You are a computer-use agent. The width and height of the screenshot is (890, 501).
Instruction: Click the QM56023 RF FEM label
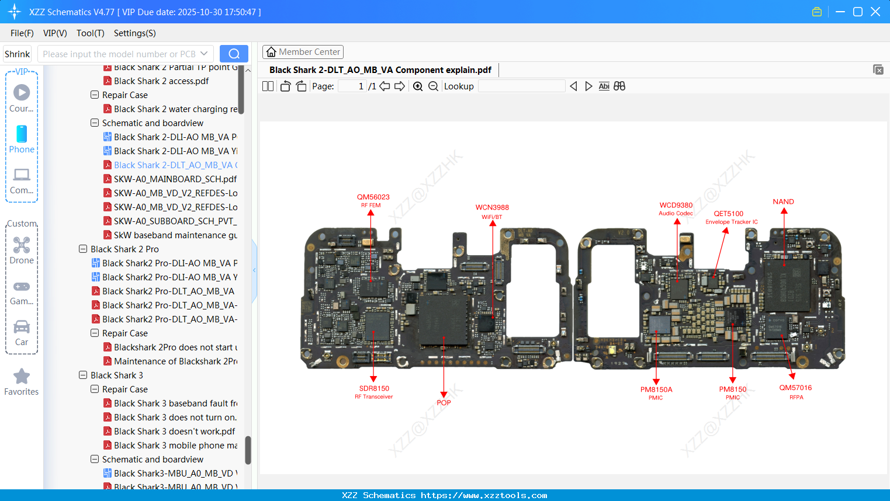click(x=373, y=200)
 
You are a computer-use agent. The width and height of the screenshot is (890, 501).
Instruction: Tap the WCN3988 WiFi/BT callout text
click(x=492, y=211)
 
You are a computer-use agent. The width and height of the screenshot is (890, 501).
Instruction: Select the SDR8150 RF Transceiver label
click(x=374, y=392)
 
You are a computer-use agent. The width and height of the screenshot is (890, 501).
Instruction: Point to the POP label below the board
click(x=444, y=402)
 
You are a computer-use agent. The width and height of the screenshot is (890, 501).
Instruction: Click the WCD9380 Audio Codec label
click(x=676, y=208)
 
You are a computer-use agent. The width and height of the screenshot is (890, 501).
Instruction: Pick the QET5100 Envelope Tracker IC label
click(x=730, y=217)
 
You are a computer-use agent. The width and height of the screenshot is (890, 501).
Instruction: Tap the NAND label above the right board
click(x=783, y=201)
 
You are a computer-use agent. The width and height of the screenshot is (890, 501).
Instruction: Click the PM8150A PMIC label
click(x=656, y=393)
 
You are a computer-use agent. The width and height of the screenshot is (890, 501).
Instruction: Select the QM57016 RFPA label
click(x=795, y=391)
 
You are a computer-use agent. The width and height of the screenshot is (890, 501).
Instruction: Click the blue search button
click(x=234, y=54)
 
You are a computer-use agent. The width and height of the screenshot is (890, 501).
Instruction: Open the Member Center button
click(x=303, y=52)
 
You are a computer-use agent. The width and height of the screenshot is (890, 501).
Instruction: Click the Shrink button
click(x=17, y=54)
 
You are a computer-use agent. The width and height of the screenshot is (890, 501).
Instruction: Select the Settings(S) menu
click(x=134, y=33)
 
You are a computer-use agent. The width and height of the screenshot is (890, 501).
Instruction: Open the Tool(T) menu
click(x=90, y=33)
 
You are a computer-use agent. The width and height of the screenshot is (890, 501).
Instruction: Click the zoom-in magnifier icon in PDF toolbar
click(x=418, y=86)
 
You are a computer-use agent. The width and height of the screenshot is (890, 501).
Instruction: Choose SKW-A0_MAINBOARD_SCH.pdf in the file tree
click(x=175, y=179)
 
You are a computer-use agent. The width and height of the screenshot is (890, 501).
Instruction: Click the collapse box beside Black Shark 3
click(x=83, y=375)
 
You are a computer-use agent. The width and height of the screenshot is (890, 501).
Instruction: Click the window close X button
click(x=875, y=12)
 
